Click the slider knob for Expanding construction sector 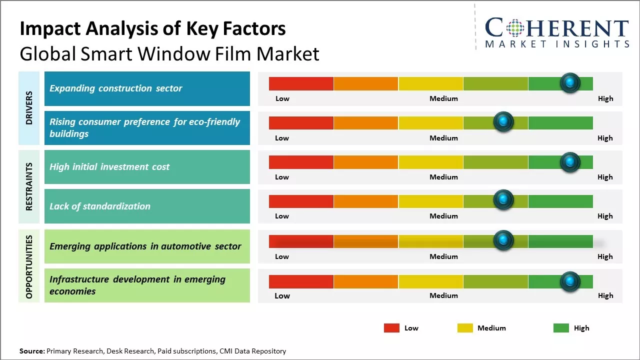point(570,83)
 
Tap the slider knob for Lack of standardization point(503,200)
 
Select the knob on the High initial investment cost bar point(570,161)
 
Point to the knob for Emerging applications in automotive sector point(503,240)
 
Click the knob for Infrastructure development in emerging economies point(570,281)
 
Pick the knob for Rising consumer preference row point(503,122)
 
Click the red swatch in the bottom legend point(391,328)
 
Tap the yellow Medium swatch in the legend point(465,328)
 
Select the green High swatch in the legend point(561,328)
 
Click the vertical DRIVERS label point(29,108)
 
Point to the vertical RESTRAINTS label point(29,186)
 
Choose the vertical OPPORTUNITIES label point(29,266)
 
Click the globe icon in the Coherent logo point(514,28)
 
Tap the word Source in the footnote point(31,351)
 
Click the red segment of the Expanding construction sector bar point(301,83)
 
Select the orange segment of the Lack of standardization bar point(366,201)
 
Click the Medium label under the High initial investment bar point(443,177)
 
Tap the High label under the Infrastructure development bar point(605,295)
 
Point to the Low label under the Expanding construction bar point(282,98)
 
